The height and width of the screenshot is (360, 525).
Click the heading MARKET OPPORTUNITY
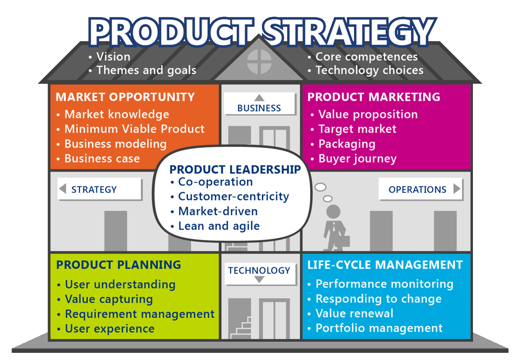[125, 97]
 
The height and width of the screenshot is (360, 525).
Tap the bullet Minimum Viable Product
[134, 129]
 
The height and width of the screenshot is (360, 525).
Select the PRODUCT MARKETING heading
[374, 97]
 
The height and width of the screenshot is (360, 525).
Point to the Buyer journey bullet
[357, 158]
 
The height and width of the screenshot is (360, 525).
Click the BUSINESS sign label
[259, 108]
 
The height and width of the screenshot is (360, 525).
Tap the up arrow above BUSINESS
[259, 98]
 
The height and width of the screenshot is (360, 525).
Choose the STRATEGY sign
[94, 190]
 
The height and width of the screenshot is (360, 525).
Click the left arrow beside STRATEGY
[62, 188]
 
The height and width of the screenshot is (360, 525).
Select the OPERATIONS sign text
[418, 190]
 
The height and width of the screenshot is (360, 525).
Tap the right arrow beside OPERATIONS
[457, 188]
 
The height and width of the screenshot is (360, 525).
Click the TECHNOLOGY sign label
[259, 270]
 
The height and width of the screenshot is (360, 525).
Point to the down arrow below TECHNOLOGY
[259, 279]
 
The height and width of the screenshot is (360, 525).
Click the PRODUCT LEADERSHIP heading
[235, 169]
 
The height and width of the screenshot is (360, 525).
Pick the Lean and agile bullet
[219, 226]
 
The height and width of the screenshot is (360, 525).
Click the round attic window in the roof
[259, 61]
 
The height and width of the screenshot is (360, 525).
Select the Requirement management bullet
[140, 314]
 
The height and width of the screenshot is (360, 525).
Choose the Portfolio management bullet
[379, 328]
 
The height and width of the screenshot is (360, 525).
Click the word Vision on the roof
[113, 56]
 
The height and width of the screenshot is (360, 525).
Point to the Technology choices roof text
[370, 70]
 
